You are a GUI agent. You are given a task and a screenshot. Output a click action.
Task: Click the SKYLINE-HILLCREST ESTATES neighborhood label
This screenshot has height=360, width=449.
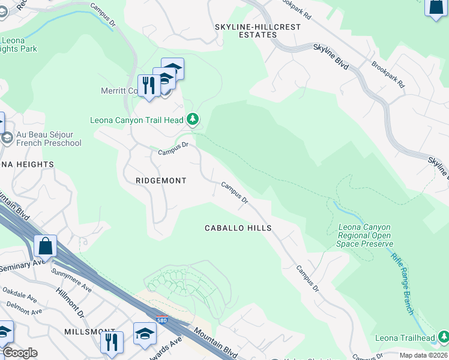247,31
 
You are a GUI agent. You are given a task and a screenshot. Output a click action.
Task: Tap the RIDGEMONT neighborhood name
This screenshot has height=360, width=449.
161,181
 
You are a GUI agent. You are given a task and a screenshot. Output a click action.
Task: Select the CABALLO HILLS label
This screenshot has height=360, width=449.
238,228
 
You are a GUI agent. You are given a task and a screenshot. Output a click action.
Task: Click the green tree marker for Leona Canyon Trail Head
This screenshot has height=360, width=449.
193,120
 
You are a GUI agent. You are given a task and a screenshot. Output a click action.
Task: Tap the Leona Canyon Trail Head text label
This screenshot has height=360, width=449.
136,120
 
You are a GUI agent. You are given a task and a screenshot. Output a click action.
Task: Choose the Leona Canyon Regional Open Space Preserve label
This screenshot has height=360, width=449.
365,236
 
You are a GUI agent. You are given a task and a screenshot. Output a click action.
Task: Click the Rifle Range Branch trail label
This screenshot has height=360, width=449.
402,283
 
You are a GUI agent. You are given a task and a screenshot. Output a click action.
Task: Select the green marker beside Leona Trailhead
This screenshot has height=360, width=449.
443,338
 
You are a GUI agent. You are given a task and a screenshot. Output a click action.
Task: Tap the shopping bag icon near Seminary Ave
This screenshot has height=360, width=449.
45,246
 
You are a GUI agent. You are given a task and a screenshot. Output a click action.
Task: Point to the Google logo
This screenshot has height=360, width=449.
20,353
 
